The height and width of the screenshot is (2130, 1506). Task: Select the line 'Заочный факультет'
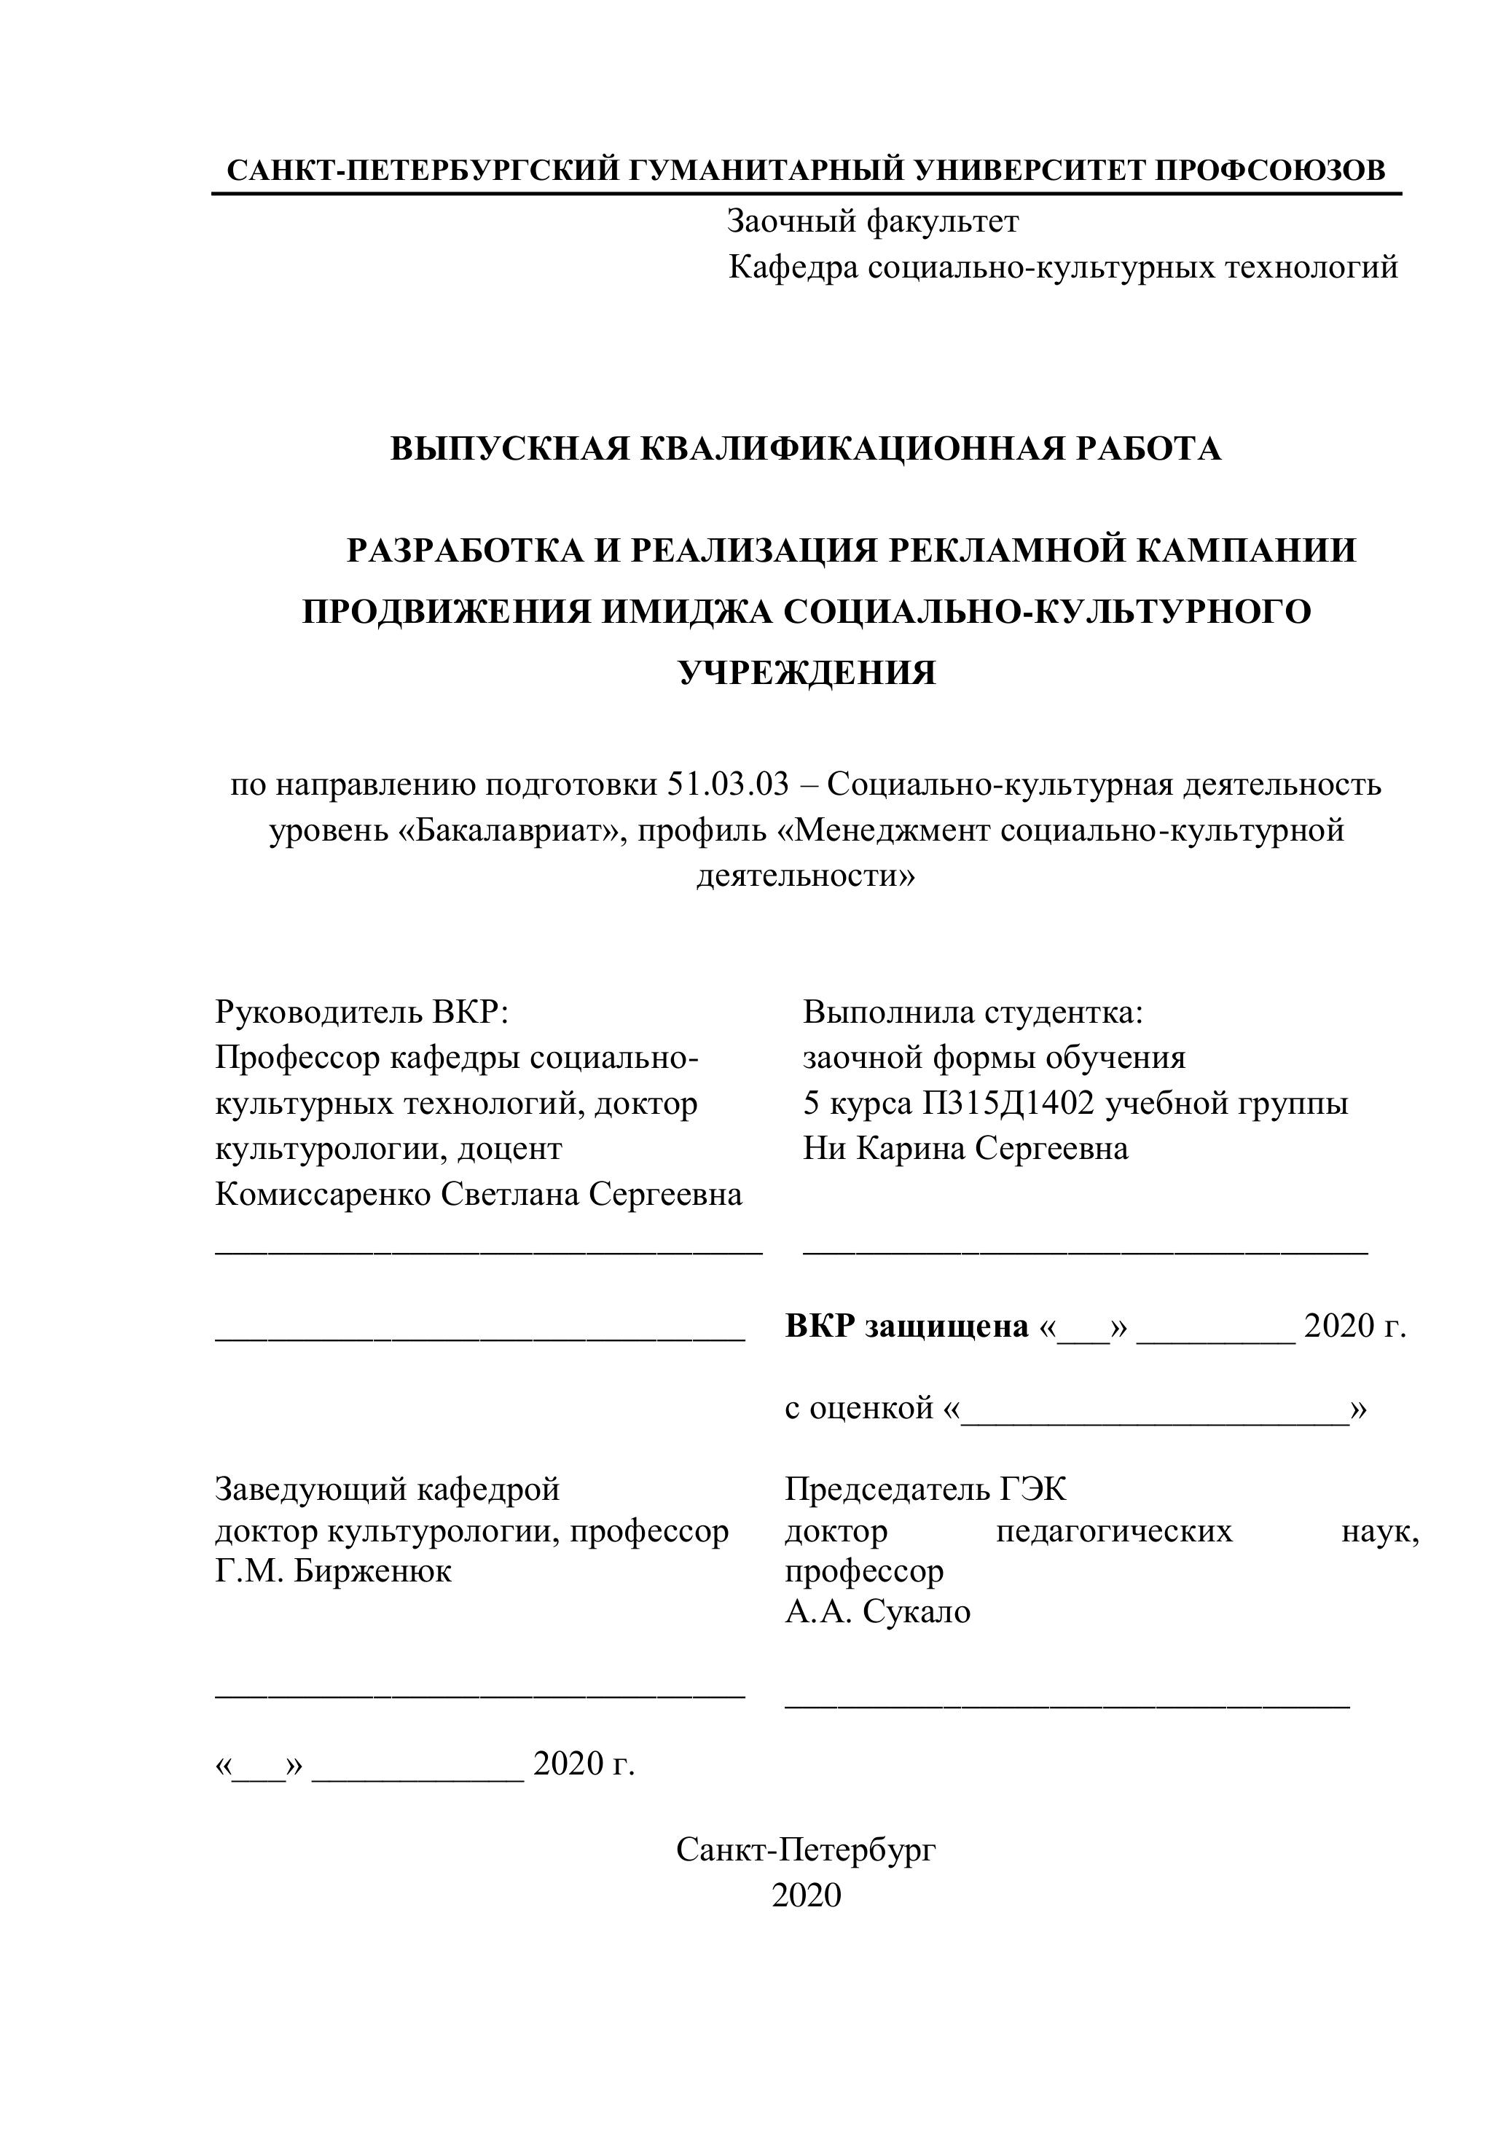pos(872,221)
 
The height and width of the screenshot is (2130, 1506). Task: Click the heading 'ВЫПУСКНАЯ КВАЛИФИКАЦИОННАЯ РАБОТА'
pos(805,449)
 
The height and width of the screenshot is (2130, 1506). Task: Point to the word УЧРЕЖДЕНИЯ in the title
pos(807,672)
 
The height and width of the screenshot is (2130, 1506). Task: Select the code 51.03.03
pos(727,784)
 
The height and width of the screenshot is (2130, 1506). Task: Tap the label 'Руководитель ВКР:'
pos(362,1011)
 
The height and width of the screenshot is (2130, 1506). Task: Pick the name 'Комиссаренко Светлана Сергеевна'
pos(479,1195)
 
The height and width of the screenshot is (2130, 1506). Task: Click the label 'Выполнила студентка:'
pos(973,1011)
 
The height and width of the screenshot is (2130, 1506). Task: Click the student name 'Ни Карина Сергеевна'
pos(965,1150)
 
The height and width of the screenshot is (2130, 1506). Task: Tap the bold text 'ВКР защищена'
pos(906,1327)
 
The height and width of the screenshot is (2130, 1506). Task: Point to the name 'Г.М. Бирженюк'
pos(333,1571)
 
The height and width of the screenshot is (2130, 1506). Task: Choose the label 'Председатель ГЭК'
pos(925,1490)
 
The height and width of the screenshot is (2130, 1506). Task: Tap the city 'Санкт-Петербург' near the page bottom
pos(805,1850)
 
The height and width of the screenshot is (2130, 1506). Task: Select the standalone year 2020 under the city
pos(805,1895)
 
